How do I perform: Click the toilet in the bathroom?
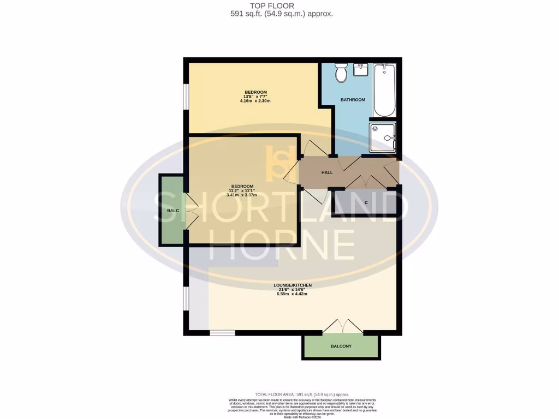(342, 73)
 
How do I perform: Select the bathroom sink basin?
(361, 70)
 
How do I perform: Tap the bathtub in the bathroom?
(384, 90)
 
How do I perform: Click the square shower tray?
(382, 137)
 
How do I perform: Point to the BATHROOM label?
(353, 100)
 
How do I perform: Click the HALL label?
(327, 172)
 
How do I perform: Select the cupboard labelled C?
(366, 202)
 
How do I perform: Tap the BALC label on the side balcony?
(173, 210)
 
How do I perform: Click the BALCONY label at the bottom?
(341, 346)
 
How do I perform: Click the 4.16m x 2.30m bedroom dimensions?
(255, 101)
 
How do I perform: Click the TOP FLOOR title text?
(280, 5)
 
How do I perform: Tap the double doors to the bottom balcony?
(343, 326)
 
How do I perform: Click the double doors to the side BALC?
(190, 211)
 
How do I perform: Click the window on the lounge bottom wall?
(222, 332)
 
